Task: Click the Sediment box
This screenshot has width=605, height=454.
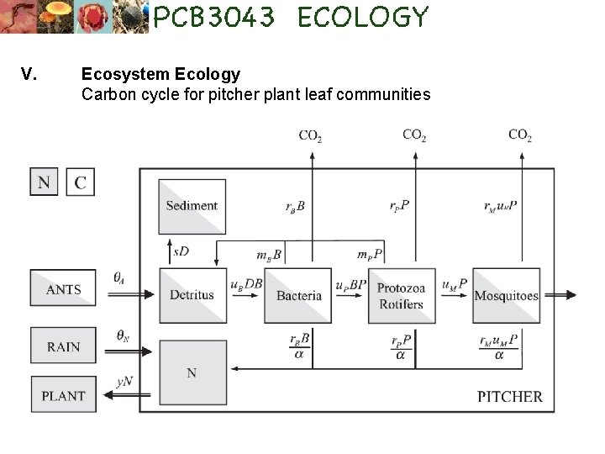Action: (x=192, y=206)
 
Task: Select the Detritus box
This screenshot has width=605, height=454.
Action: (x=192, y=295)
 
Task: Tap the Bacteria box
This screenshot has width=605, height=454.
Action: (x=298, y=295)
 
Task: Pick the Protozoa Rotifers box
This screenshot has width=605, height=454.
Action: (x=401, y=295)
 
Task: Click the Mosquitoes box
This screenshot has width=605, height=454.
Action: (x=506, y=295)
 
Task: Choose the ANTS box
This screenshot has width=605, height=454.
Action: (x=64, y=290)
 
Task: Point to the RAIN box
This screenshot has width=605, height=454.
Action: (x=64, y=346)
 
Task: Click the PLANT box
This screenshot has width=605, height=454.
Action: (x=64, y=395)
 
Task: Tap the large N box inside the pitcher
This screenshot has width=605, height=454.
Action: (x=192, y=372)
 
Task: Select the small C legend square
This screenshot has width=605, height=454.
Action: (x=80, y=182)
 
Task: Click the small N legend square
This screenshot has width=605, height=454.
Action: (x=45, y=182)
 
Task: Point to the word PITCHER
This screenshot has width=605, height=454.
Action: (x=510, y=396)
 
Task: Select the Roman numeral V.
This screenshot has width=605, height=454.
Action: (x=28, y=74)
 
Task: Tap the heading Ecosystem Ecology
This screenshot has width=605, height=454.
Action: (x=160, y=74)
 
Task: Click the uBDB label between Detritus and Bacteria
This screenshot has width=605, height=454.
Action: (x=246, y=285)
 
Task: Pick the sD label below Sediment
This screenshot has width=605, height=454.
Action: (x=181, y=251)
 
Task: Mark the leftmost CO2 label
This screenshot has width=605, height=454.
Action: (x=310, y=135)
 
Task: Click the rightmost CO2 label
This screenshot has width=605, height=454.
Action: (x=520, y=135)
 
